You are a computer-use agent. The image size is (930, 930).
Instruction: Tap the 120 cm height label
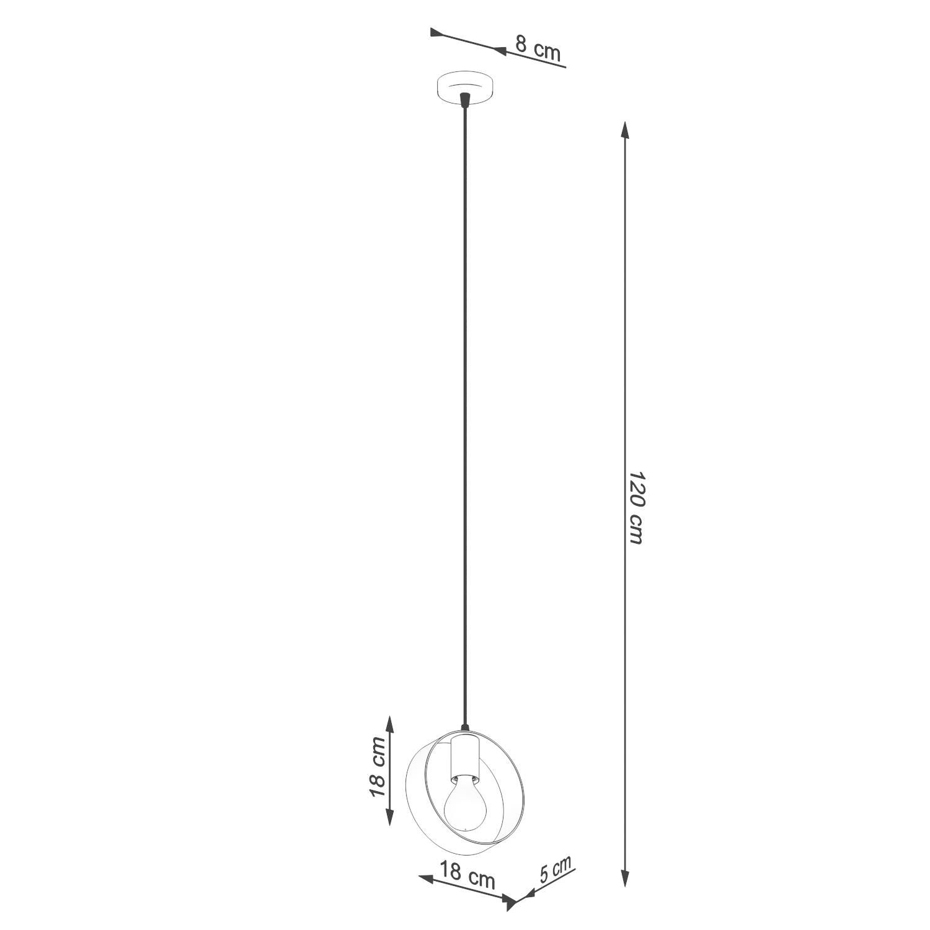click(636, 507)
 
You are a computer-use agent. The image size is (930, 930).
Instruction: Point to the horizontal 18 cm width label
click(467, 874)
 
